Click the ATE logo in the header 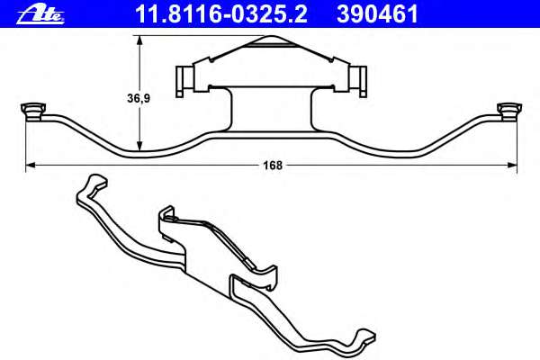coord(40,15)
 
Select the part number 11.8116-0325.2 coord(221,14)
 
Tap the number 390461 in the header coord(377,14)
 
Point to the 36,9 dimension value coord(139,98)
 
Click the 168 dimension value coord(273,166)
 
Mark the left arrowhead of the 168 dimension coord(31,166)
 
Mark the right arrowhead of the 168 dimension coord(512,166)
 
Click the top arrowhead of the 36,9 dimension coord(139,40)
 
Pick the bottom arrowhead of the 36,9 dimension coord(139,146)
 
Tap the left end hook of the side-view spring coord(33,112)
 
